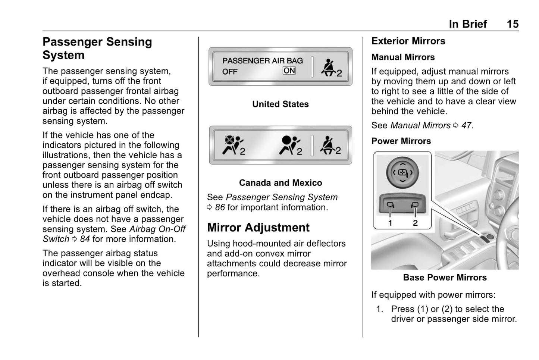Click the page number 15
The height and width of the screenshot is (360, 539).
coord(512,24)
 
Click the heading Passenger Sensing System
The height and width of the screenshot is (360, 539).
coord(97,48)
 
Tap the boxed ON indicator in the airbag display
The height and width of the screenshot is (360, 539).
coord(289,71)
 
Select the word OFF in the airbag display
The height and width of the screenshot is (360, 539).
coord(230,72)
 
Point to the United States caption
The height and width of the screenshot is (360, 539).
coord(280,104)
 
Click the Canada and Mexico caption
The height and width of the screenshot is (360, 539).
coord(280,183)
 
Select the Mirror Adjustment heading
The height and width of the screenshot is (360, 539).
coord(258,228)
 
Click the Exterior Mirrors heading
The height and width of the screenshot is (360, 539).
coord(408,41)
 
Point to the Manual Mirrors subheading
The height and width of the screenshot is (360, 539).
coord(403,57)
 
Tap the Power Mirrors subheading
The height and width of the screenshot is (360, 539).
coord(401,141)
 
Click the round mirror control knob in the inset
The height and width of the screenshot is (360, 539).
coord(402,172)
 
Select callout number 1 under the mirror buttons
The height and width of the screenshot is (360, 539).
coord(390,223)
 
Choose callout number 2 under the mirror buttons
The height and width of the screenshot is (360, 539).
coord(415,223)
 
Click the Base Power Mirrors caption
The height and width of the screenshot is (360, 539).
coord(445,278)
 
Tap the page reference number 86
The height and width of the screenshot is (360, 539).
coord(220,207)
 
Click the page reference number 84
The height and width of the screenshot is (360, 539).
coord(85,239)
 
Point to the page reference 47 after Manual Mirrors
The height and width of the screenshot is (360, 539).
coord(466,126)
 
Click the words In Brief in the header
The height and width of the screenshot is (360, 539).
coord(468,24)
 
